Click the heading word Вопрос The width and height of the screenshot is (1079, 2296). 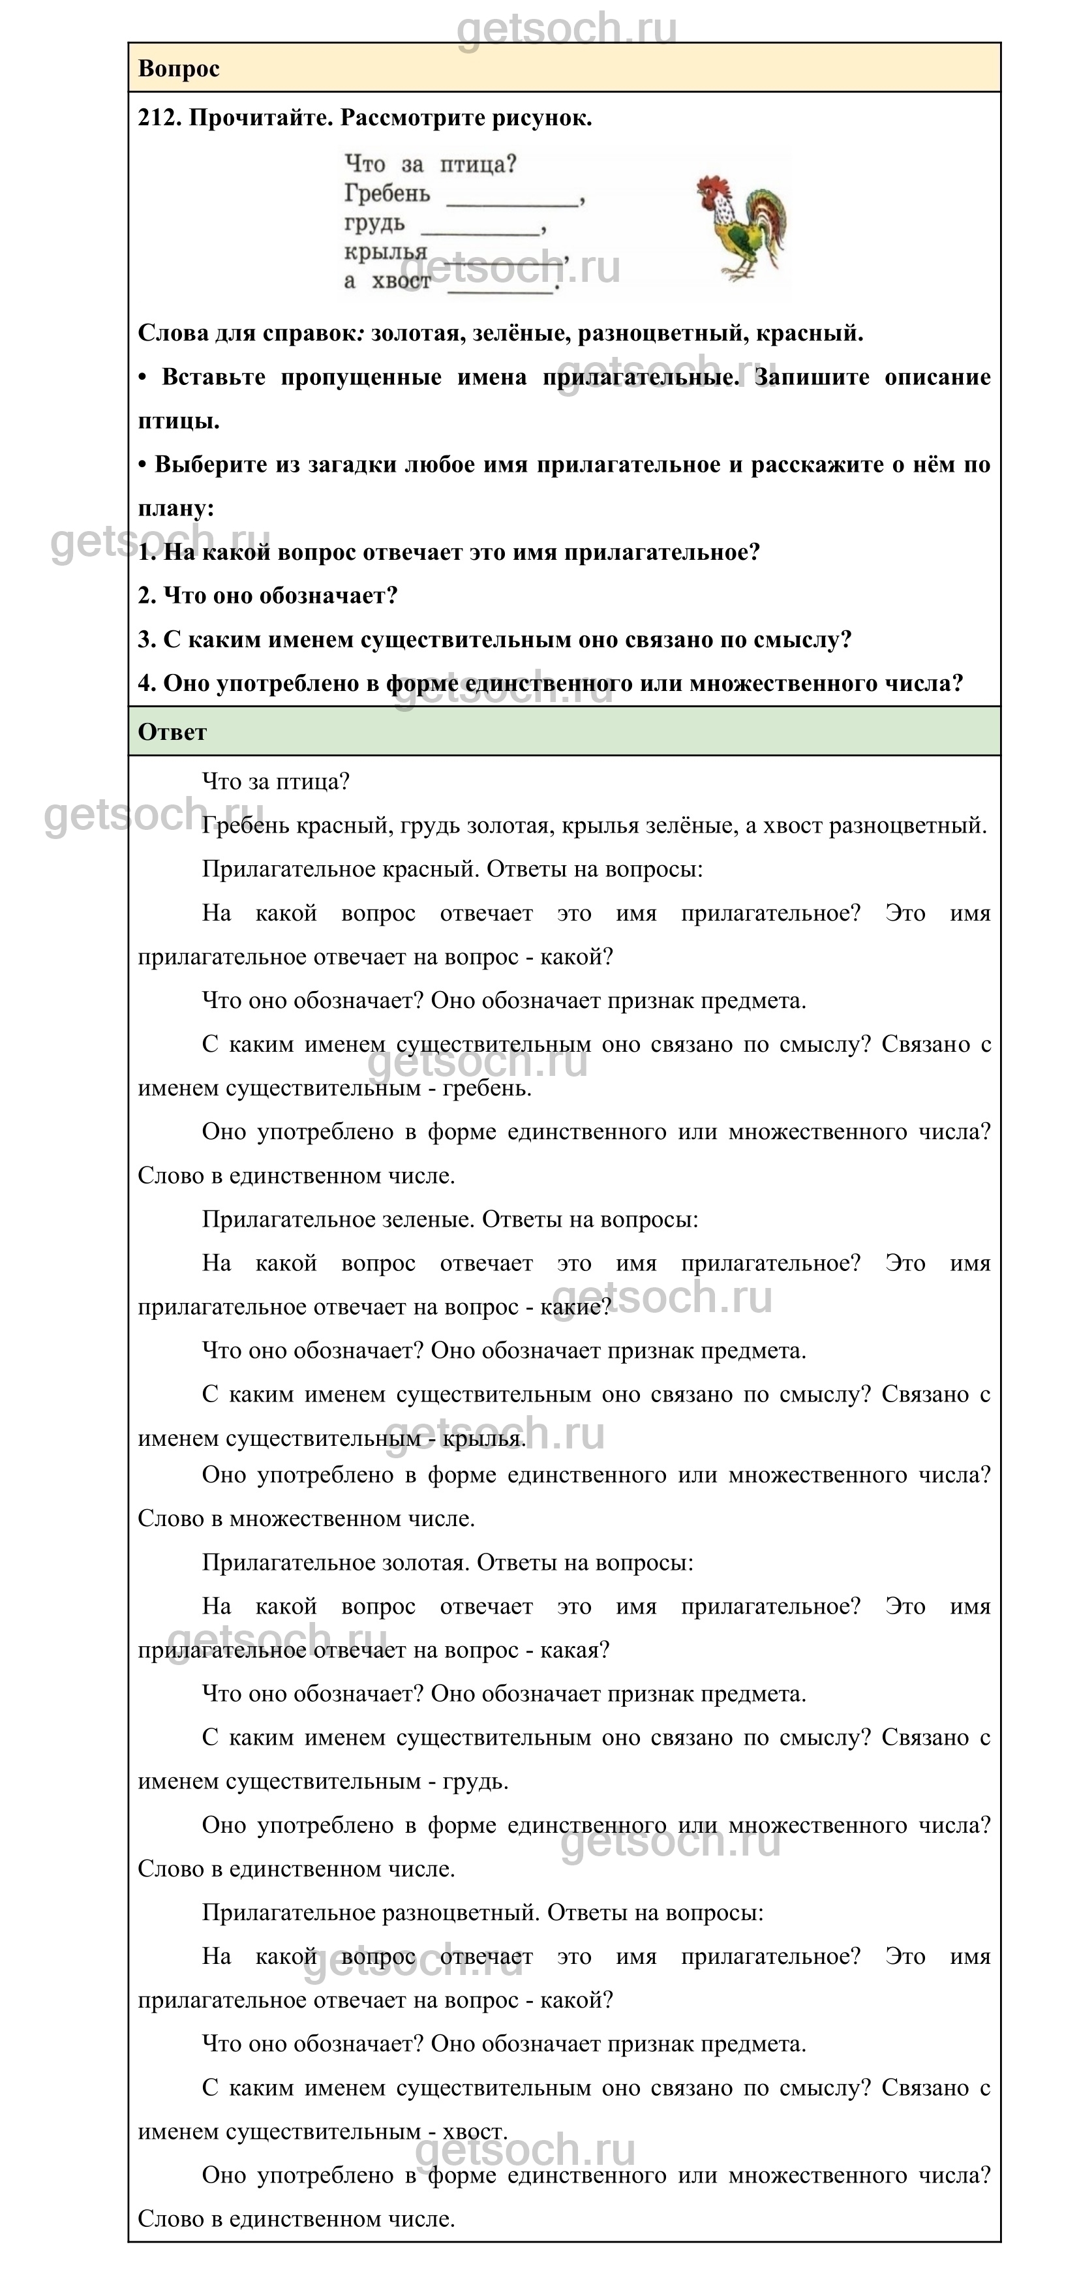[178, 69]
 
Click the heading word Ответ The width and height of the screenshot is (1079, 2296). [172, 732]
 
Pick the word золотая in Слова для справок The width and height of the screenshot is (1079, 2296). [415, 333]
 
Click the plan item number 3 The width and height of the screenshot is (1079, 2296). [147, 639]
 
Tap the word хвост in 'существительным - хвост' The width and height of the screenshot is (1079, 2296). [474, 2132]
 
